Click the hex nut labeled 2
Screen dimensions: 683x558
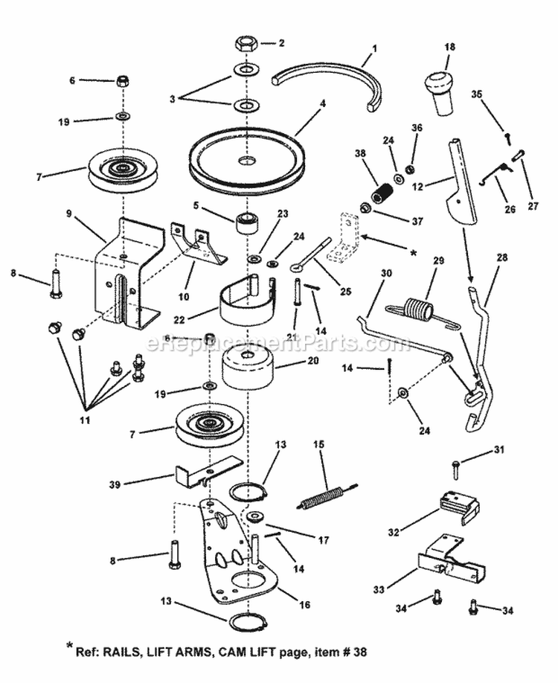(246, 43)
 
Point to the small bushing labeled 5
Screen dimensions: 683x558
(245, 222)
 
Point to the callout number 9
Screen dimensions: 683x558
(68, 214)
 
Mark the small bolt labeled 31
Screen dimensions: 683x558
(455, 466)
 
